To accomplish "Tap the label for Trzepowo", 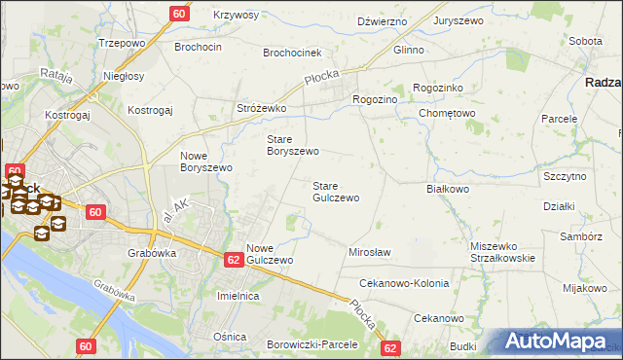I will (122, 44).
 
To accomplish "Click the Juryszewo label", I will (460, 20).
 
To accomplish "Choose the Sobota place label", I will (585, 42).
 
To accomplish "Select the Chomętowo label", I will (447, 113).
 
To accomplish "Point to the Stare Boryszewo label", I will (293, 145).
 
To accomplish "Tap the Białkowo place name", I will (449, 189).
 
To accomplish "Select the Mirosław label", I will (370, 252).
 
